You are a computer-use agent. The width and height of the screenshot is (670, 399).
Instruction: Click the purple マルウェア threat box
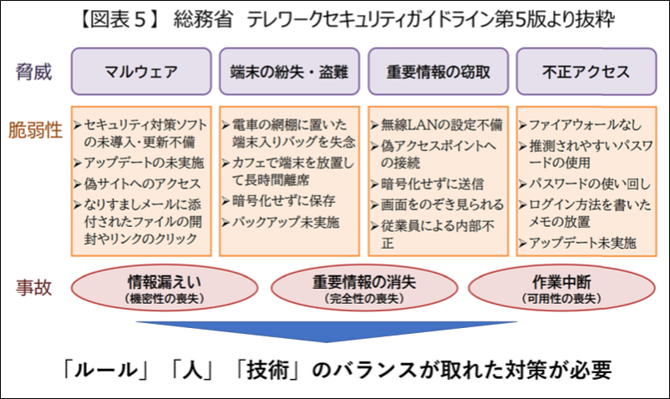140,72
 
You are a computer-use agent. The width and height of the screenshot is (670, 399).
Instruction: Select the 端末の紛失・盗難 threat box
287,72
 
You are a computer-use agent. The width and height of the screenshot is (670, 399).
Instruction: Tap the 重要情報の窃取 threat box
436,72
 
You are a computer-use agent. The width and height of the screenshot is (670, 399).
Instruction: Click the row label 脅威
33,72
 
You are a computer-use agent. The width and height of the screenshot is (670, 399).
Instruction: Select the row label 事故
33,288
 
